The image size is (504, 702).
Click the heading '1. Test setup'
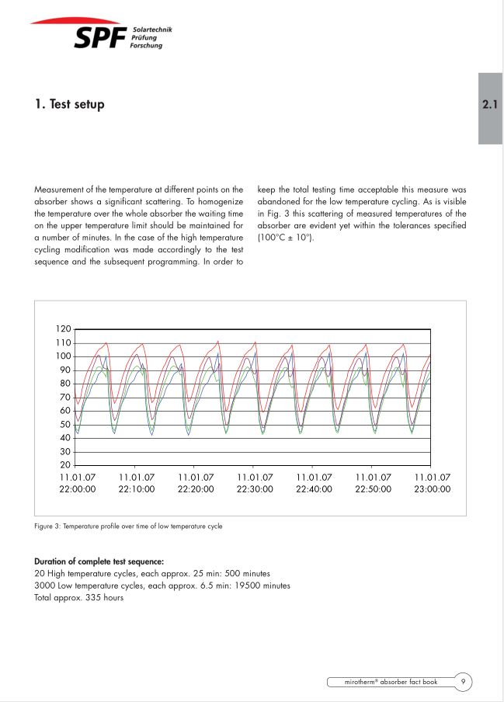pos(69,104)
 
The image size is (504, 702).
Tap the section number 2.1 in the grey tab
pos(489,104)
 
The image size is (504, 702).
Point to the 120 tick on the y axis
pos(63,329)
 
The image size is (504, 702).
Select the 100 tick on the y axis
pos(63,356)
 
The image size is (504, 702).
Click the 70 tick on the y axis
pos(65,397)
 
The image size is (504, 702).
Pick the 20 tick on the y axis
pos(65,464)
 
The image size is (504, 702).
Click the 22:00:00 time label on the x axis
pos(78,489)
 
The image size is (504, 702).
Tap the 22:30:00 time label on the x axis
pos(255,489)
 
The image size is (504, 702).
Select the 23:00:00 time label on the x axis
pos(432,489)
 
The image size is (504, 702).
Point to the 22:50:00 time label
pos(373,489)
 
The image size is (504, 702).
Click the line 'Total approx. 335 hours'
pos(78,598)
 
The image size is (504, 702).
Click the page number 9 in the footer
pos(462,682)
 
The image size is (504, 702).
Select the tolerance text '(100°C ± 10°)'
pos(285,237)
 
